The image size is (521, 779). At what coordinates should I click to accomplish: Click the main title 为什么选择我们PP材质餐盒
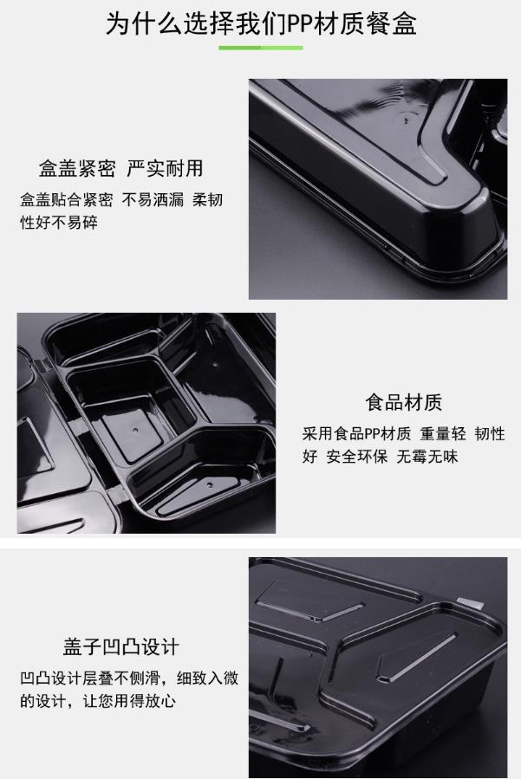[x=261, y=23]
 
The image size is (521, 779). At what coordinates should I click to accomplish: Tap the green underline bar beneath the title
[x=261, y=48]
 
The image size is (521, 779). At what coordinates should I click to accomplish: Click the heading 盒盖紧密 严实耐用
[x=121, y=168]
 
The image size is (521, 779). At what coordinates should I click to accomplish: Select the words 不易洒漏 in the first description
[x=153, y=199]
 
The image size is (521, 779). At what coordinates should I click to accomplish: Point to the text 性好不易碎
[x=59, y=222]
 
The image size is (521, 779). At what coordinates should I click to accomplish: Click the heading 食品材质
[x=404, y=402]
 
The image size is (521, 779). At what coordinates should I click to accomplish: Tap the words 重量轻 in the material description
[x=444, y=434]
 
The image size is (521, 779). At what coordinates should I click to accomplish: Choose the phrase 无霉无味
[x=427, y=456]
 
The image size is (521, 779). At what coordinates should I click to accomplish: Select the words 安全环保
[x=357, y=456]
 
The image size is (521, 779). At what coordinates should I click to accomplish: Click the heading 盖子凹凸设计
[x=120, y=646]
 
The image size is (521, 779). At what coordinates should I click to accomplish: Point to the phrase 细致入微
[x=208, y=678]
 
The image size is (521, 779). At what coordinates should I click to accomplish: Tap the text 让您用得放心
[x=129, y=701]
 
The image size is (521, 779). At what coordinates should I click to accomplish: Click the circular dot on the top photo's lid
[x=405, y=120]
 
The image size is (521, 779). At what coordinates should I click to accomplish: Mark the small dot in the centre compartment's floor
[x=134, y=428]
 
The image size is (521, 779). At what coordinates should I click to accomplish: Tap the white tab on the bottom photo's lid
[x=471, y=602]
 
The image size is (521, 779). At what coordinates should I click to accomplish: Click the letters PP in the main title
[x=300, y=24]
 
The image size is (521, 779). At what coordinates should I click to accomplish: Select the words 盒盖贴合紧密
[x=67, y=199]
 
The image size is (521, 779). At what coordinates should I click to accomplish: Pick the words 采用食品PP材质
[x=356, y=434]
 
